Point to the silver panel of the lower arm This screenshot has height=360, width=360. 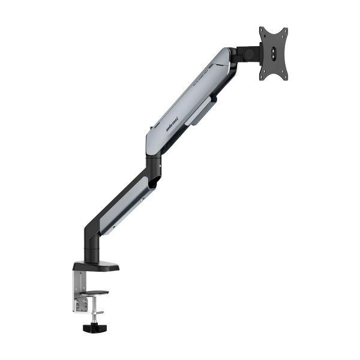tap(123, 204)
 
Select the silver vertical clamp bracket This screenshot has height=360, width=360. tap(80, 291)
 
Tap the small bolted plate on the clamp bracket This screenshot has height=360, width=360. tap(82, 299)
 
